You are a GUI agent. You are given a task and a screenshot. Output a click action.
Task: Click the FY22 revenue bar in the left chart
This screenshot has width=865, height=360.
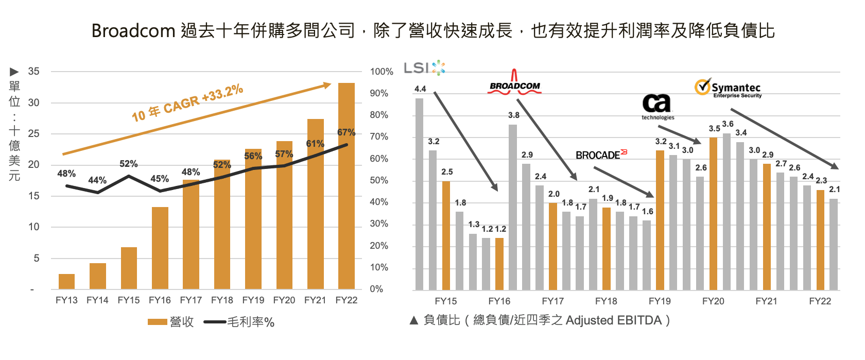[x=346, y=185]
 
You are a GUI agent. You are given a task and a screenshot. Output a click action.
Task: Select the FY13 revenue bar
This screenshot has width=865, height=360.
[x=66, y=281]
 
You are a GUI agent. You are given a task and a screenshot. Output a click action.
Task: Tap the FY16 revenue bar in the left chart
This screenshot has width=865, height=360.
[x=160, y=248]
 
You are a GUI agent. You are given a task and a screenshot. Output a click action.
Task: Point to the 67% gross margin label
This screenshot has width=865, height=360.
[x=346, y=132]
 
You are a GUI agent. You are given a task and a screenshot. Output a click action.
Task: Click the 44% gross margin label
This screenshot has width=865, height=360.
[x=97, y=180]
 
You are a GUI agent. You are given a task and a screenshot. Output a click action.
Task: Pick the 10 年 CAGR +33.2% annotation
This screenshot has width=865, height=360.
[x=187, y=103]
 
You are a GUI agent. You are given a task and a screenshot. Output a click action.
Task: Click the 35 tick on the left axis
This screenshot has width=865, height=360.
[x=33, y=72]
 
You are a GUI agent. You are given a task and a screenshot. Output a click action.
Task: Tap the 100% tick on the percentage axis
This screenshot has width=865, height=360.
[x=382, y=72]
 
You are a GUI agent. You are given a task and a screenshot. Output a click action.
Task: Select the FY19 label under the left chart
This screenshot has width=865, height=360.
[x=253, y=300]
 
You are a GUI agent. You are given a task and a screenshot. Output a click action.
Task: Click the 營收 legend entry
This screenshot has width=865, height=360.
[x=170, y=322]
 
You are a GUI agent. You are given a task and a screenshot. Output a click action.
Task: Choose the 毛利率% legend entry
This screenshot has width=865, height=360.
[x=239, y=322]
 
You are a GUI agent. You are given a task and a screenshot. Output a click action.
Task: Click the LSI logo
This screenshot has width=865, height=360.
[x=424, y=68]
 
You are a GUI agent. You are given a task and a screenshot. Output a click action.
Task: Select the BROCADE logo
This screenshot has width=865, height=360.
[x=601, y=155]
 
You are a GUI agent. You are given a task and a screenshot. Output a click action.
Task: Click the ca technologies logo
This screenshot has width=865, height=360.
[x=658, y=107]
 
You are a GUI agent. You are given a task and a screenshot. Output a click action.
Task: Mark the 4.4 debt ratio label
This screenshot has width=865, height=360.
[x=420, y=89]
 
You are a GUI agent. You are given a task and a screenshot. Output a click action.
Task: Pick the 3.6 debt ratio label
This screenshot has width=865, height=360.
[x=728, y=124]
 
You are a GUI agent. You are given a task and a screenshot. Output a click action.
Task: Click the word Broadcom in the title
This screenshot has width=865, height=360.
[x=133, y=31]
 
